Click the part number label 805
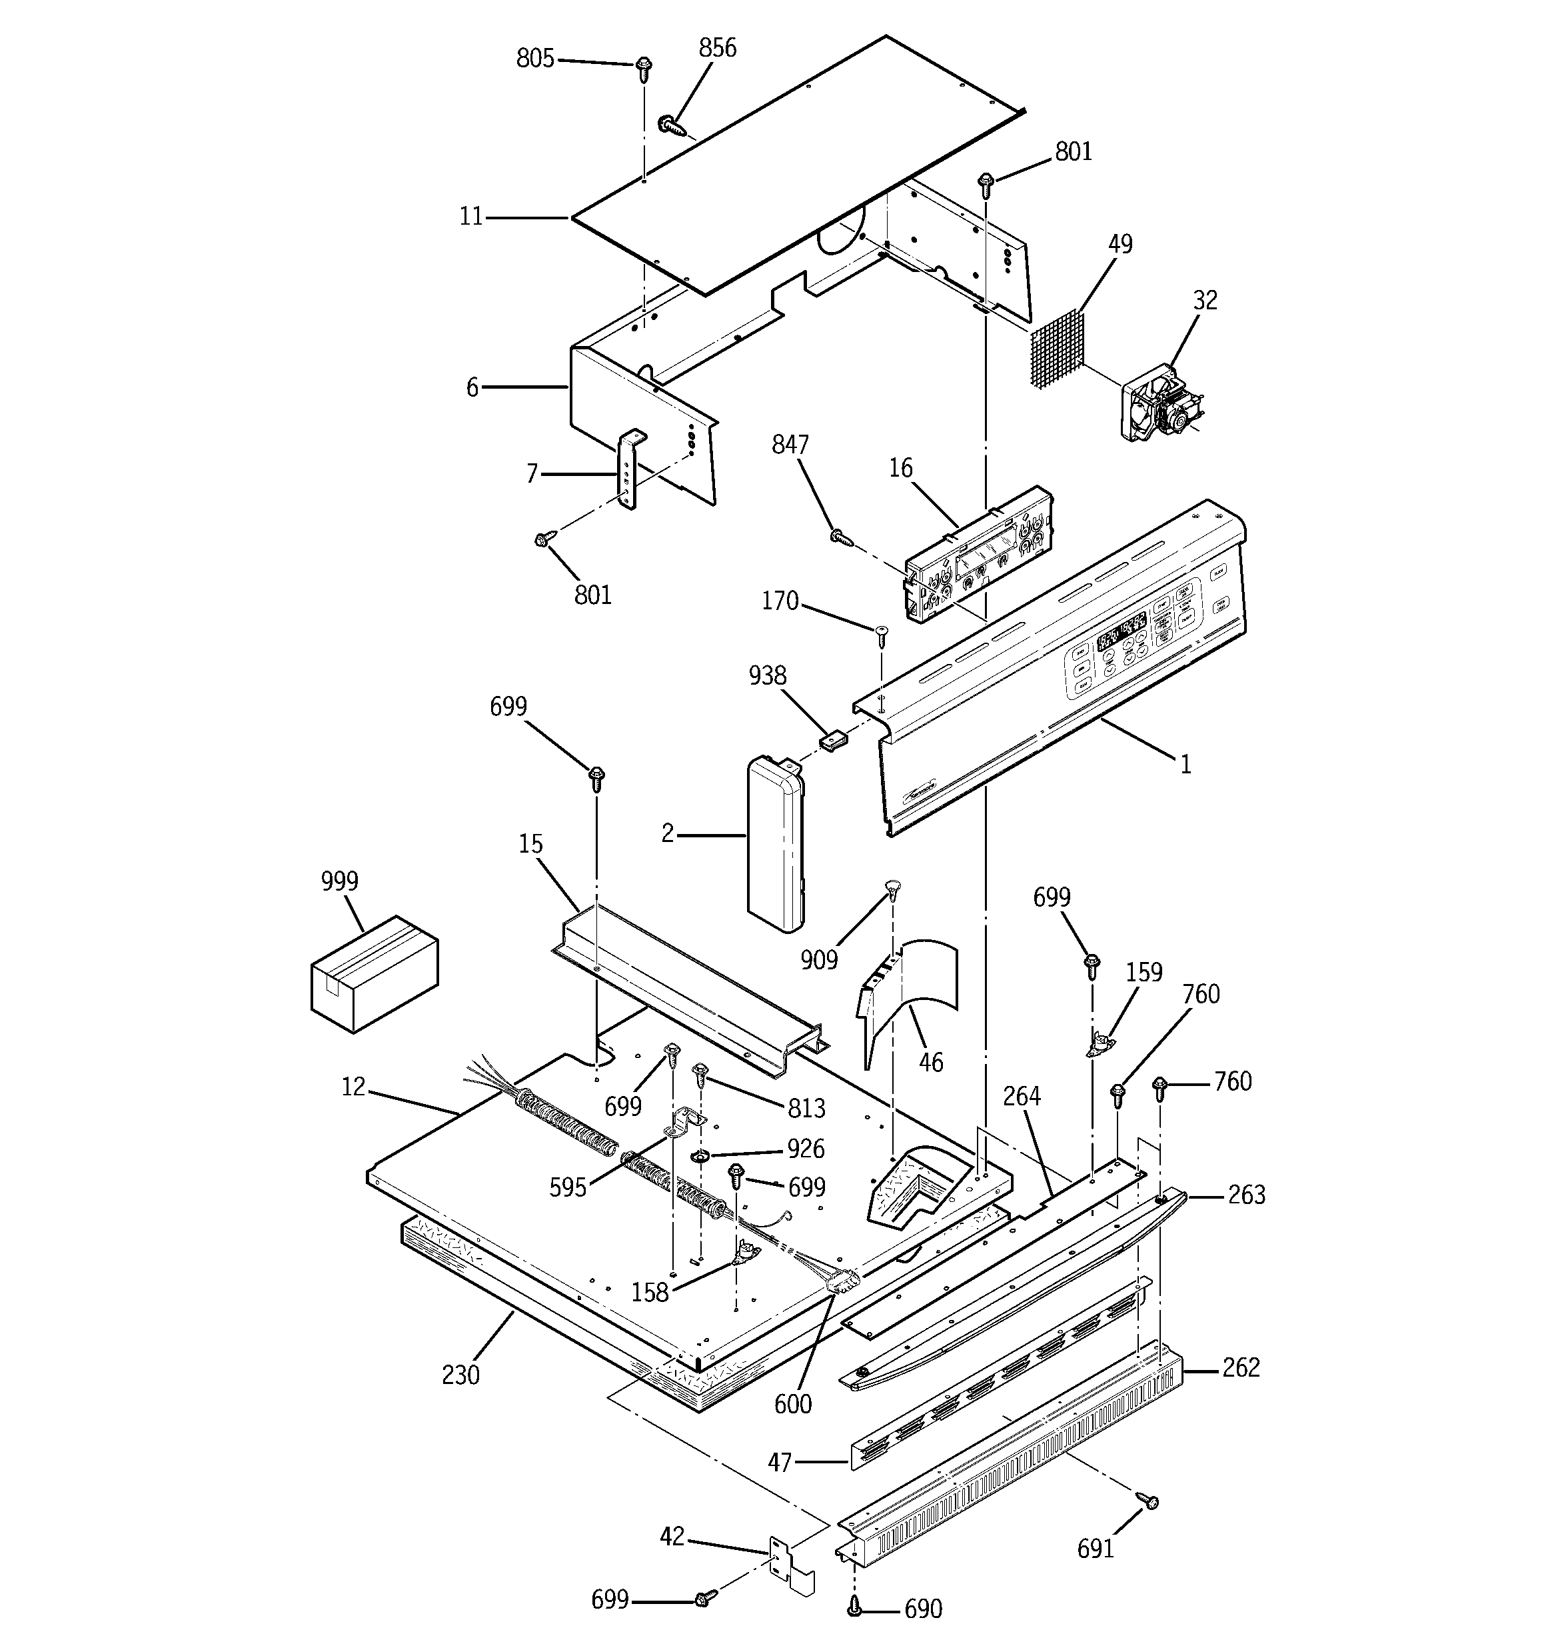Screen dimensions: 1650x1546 pos(534,59)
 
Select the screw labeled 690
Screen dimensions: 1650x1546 pos(854,1608)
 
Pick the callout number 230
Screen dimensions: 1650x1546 pos(460,1375)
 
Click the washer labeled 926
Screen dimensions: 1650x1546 pos(700,1157)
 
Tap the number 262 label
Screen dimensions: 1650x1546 pos(1241,1367)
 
